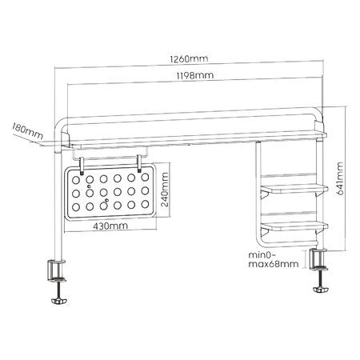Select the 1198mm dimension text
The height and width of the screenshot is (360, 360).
click(x=194, y=75)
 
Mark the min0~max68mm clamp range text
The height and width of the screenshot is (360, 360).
click(x=273, y=258)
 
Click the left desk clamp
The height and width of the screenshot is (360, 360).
click(x=58, y=272)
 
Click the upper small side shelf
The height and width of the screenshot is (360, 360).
click(x=294, y=189)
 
